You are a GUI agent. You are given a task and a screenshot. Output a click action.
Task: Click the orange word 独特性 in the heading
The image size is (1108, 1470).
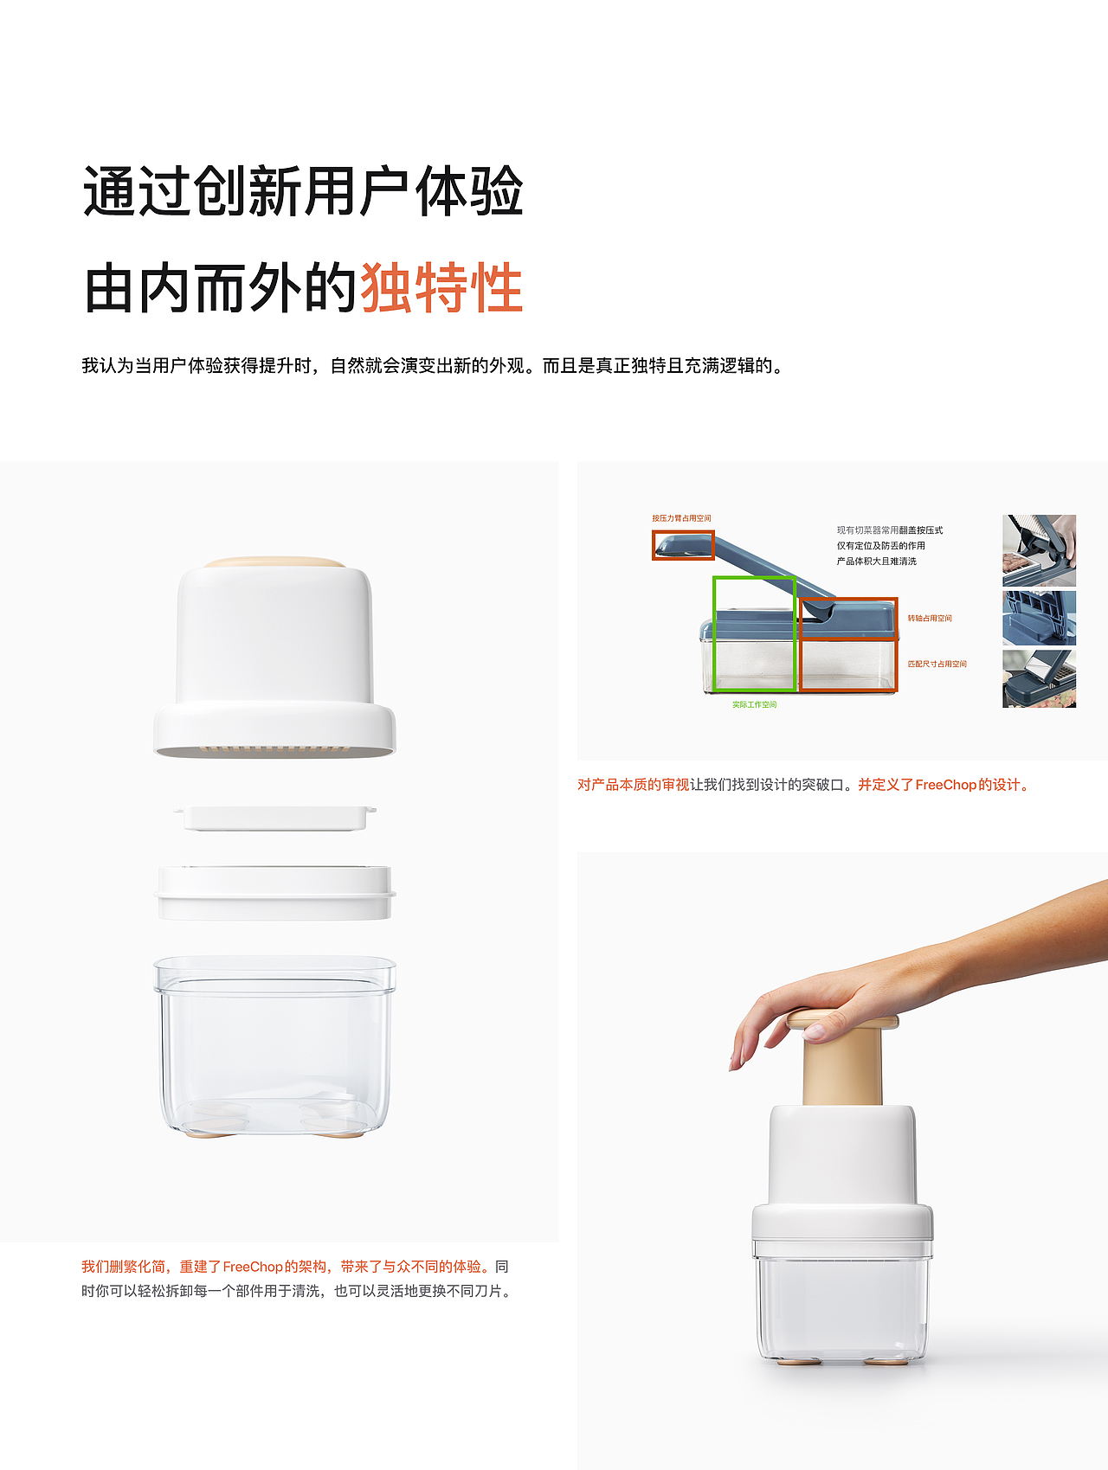[x=441, y=288]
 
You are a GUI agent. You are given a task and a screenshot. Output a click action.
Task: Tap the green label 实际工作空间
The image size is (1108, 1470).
[x=754, y=705]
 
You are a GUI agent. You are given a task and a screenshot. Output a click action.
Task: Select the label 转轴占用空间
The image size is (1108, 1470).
[x=930, y=619]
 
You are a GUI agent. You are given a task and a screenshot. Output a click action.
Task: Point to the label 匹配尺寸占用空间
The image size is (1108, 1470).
[x=937, y=664]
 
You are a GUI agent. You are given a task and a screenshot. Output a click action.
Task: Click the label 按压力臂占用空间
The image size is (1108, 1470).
[x=681, y=518]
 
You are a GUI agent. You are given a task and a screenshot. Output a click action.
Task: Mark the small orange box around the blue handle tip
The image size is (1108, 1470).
[x=683, y=545]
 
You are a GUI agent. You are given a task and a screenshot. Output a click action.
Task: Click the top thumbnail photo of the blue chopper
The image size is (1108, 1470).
[x=1039, y=550]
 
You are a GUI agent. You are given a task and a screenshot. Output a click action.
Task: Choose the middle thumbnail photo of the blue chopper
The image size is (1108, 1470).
[x=1039, y=618]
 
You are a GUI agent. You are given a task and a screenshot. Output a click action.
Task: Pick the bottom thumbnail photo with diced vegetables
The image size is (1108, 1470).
[x=1039, y=679]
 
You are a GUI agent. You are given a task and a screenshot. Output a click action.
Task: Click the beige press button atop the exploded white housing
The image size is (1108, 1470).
[x=274, y=562]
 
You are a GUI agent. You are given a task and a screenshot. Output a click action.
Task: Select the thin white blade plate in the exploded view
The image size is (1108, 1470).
[x=275, y=817]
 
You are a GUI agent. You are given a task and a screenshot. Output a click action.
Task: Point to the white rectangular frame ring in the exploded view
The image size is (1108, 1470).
[x=275, y=892]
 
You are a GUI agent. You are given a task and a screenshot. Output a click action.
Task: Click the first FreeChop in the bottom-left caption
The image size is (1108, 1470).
[x=253, y=1267]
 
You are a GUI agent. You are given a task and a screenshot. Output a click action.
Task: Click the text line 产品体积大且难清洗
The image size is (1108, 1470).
[x=876, y=562]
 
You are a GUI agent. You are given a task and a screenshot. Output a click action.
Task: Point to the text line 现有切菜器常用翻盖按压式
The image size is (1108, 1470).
[x=889, y=530]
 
